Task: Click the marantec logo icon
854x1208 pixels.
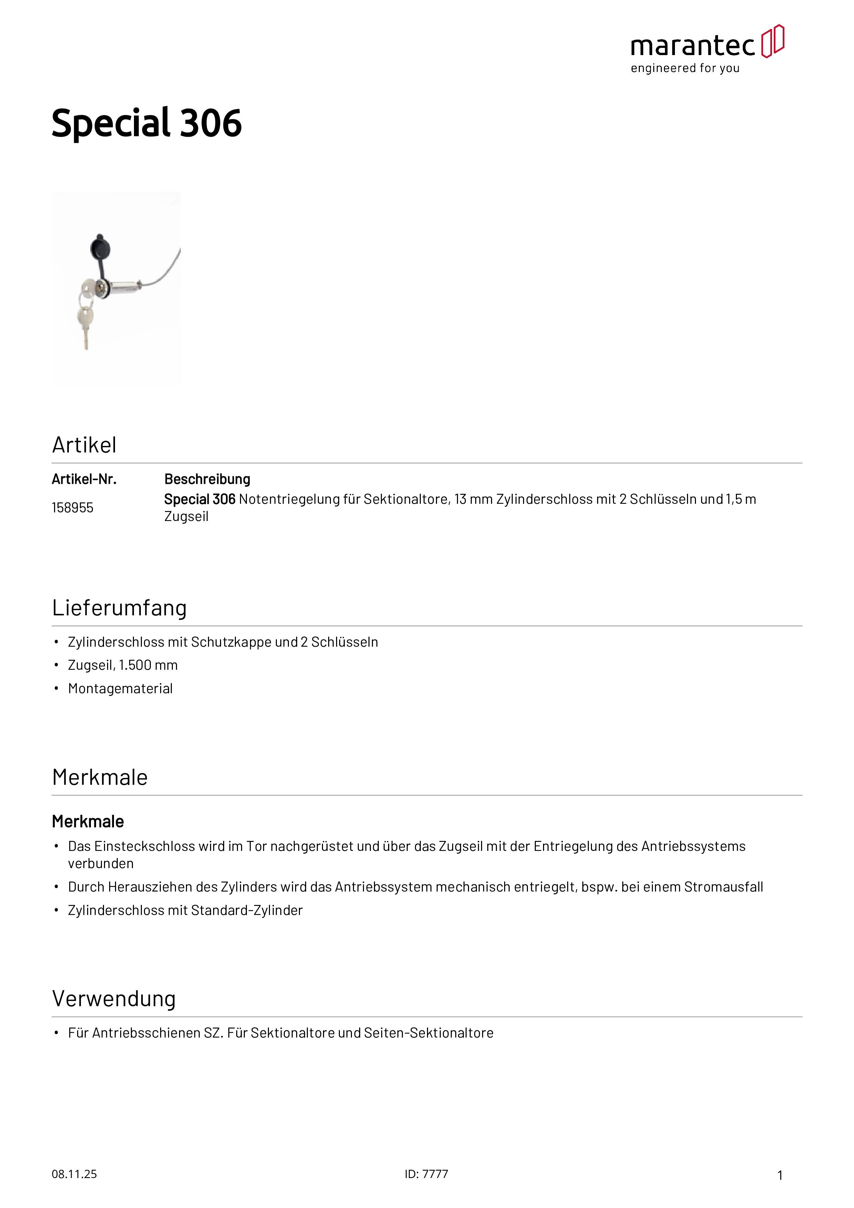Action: (772, 41)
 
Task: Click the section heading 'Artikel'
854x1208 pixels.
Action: (84, 445)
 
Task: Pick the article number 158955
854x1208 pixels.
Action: (73, 508)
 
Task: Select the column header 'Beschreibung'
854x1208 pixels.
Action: (207, 479)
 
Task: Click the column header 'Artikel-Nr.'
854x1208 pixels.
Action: (84, 479)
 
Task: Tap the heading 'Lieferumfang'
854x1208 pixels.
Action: (119, 608)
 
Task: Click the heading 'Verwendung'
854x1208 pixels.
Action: (114, 999)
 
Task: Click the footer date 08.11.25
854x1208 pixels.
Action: (74, 1174)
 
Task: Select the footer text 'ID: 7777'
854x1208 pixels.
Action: (426, 1174)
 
